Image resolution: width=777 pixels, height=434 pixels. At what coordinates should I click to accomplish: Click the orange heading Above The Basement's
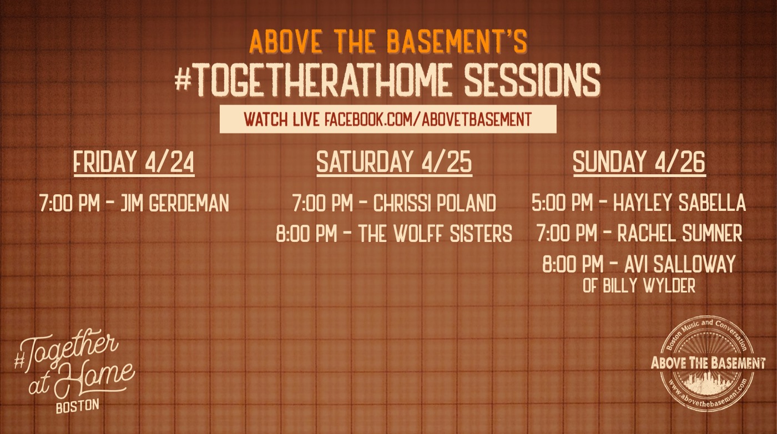coord(388,42)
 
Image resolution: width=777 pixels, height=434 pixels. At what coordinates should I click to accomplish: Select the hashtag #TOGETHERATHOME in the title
coord(314,80)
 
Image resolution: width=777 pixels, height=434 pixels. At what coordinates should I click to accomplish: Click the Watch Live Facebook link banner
coord(388,119)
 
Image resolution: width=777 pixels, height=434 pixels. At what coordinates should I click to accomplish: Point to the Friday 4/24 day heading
coord(134,162)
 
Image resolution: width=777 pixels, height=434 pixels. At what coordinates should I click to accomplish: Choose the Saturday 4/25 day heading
coord(394,162)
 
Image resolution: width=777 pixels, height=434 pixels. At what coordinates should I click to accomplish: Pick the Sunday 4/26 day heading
coord(639,162)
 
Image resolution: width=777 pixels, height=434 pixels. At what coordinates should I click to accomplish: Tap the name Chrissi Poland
coord(435,203)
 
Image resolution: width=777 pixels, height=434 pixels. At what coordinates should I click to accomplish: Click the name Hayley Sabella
coord(679,203)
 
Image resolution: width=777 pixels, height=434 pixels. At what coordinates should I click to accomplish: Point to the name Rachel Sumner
coord(680,233)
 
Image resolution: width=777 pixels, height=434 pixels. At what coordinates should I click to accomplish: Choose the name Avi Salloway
coord(680,264)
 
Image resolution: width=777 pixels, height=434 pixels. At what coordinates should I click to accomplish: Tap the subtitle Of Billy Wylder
coord(639,286)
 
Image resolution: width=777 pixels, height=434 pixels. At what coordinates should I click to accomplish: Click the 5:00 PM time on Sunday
coord(562,203)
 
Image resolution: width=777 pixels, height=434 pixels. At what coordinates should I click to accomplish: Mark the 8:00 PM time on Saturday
coord(306,233)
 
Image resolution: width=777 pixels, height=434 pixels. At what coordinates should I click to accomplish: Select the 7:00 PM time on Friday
coord(69,203)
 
